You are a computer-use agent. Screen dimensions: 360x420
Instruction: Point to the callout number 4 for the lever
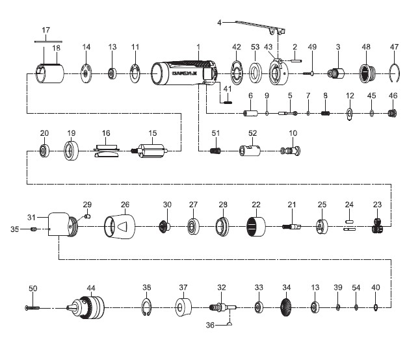[219, 23]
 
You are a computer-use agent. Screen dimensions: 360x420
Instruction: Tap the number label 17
[46, 30]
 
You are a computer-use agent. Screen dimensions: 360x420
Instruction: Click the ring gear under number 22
[256, 227]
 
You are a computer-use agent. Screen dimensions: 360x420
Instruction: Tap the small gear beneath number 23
[376, 227]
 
